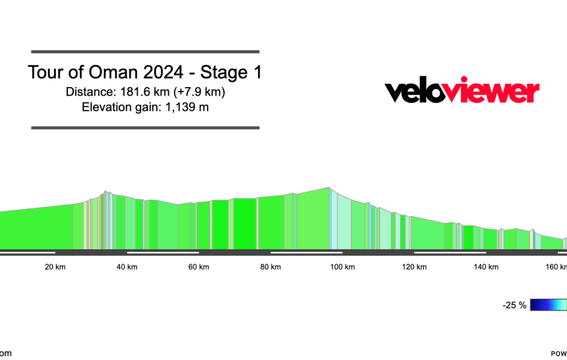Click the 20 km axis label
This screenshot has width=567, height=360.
pyautogui.click(x=55, y=267)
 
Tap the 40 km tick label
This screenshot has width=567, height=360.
pyautogui.click(x=127, y=267)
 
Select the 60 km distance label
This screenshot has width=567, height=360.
pyautogui.click(x=199, y=267)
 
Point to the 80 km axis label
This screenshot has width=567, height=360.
pyautogui.click(x=270, y=267)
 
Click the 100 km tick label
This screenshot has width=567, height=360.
pyautogui.click(x=342, y=267)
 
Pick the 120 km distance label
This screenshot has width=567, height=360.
pyautogui.click(x=414, y=267)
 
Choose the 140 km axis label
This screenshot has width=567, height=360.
pyautogui.click(x=486, y=267)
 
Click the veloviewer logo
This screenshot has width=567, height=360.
pyautogui.click(x=462, y=92)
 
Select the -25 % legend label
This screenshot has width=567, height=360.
pyautogui.click(x=514, y=305)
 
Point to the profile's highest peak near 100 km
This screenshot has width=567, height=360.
pyautogui.click(x=330, y=188)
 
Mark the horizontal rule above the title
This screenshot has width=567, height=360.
pyautogui.click(x=145, y=51)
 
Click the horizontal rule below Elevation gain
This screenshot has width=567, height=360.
pyautogui.click(x=145, y=127)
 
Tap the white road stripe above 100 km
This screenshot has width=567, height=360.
pyautogui.click(x=307, y=252)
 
